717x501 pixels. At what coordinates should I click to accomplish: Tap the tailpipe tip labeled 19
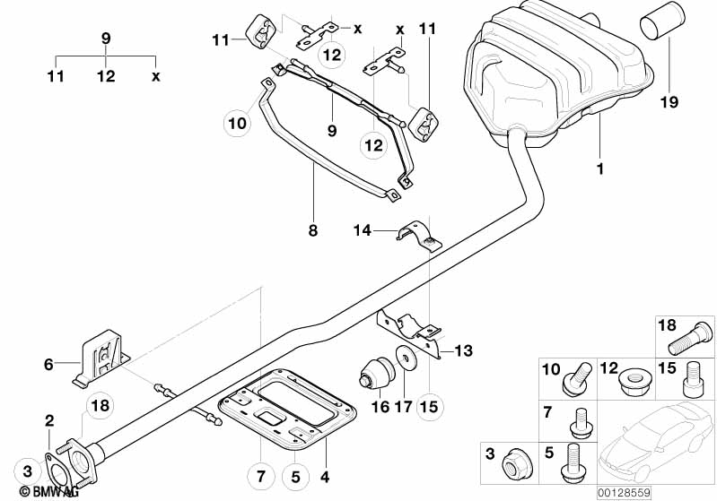660,34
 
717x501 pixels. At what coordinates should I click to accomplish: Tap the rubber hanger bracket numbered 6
101,356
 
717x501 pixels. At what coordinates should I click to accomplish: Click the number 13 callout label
463,350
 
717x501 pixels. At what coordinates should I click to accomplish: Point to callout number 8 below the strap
312,230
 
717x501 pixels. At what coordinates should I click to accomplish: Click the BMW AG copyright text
43,491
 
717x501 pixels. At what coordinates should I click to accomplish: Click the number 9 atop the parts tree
106,39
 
